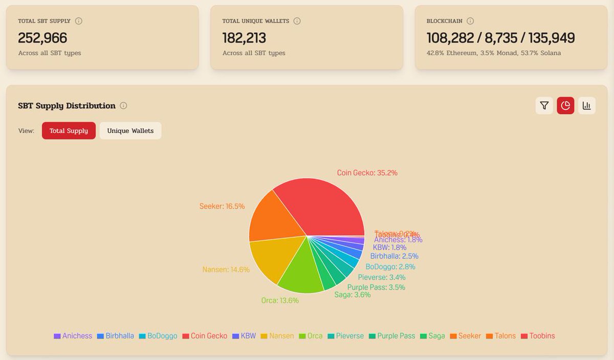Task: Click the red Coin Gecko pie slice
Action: click(322, 205)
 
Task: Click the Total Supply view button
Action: click(69, 131)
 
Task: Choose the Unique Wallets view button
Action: click(130, 131)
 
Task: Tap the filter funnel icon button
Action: click(544, 105)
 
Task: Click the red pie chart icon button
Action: click(565, 105)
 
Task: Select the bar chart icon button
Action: click(587, 105)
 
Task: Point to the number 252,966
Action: click(42, 38)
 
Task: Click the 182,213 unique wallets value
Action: click(244, 38)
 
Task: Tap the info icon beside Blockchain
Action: click(470, 21)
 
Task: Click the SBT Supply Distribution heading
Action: click(67, 106)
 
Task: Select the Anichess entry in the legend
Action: click(73, 336)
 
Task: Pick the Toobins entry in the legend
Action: click(538, 336)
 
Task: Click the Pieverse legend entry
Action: click(345, 336)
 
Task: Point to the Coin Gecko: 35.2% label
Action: click(367, 173)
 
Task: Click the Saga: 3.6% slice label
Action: click(353, 295)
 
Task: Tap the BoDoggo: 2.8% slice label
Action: click(390, 266)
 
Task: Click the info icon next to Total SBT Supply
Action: click(79, 21)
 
